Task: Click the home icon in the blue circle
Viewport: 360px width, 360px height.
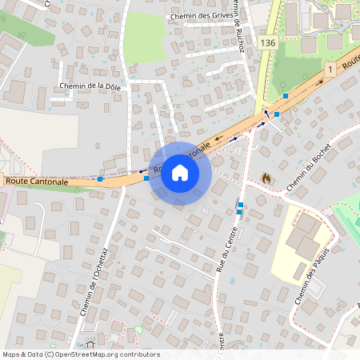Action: coord(179,173)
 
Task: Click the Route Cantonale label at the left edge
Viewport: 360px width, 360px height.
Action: coord(36,182)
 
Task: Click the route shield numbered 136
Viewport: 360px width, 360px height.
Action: coord(267,42)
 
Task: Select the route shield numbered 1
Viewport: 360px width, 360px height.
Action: coord(329,70)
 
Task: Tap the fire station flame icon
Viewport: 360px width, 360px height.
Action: coord(266,178)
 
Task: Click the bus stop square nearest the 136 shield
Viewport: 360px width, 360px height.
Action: coord(286,96)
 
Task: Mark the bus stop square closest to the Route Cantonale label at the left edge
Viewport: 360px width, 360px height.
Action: coord(99,179)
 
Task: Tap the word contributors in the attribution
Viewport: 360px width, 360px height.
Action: coord(139,354)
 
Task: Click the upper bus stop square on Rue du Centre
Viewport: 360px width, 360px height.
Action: coord(240,205)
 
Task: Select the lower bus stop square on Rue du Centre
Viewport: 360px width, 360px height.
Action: coord(239,212)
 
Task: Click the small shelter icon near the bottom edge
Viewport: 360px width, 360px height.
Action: coord(138,330)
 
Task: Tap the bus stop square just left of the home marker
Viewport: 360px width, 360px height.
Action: coord(146,178)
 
